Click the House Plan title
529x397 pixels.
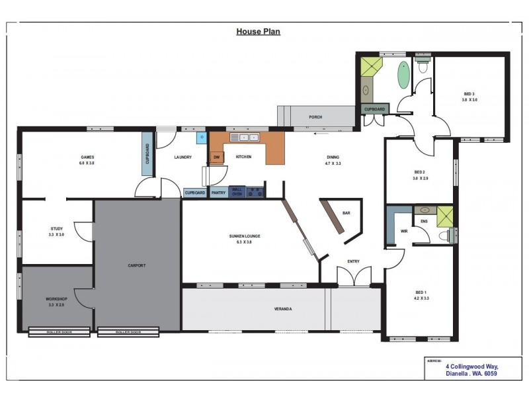258,31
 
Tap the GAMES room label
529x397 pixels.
87,157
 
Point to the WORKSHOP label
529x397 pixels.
56,299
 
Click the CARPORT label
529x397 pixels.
136,265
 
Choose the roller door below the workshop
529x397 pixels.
59,332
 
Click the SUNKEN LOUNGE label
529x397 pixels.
244,236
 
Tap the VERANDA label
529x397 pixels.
284,308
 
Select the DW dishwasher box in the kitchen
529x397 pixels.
216,157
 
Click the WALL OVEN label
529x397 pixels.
237,192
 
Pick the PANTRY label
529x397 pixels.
218,193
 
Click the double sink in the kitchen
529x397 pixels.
248,138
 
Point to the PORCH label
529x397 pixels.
315,118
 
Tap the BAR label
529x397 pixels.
346,213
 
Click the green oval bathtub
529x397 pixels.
403,76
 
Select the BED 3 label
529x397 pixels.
469,97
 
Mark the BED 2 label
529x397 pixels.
420,174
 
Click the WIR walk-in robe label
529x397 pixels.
404,232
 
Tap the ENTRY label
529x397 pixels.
353,261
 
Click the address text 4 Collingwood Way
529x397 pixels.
472,367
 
